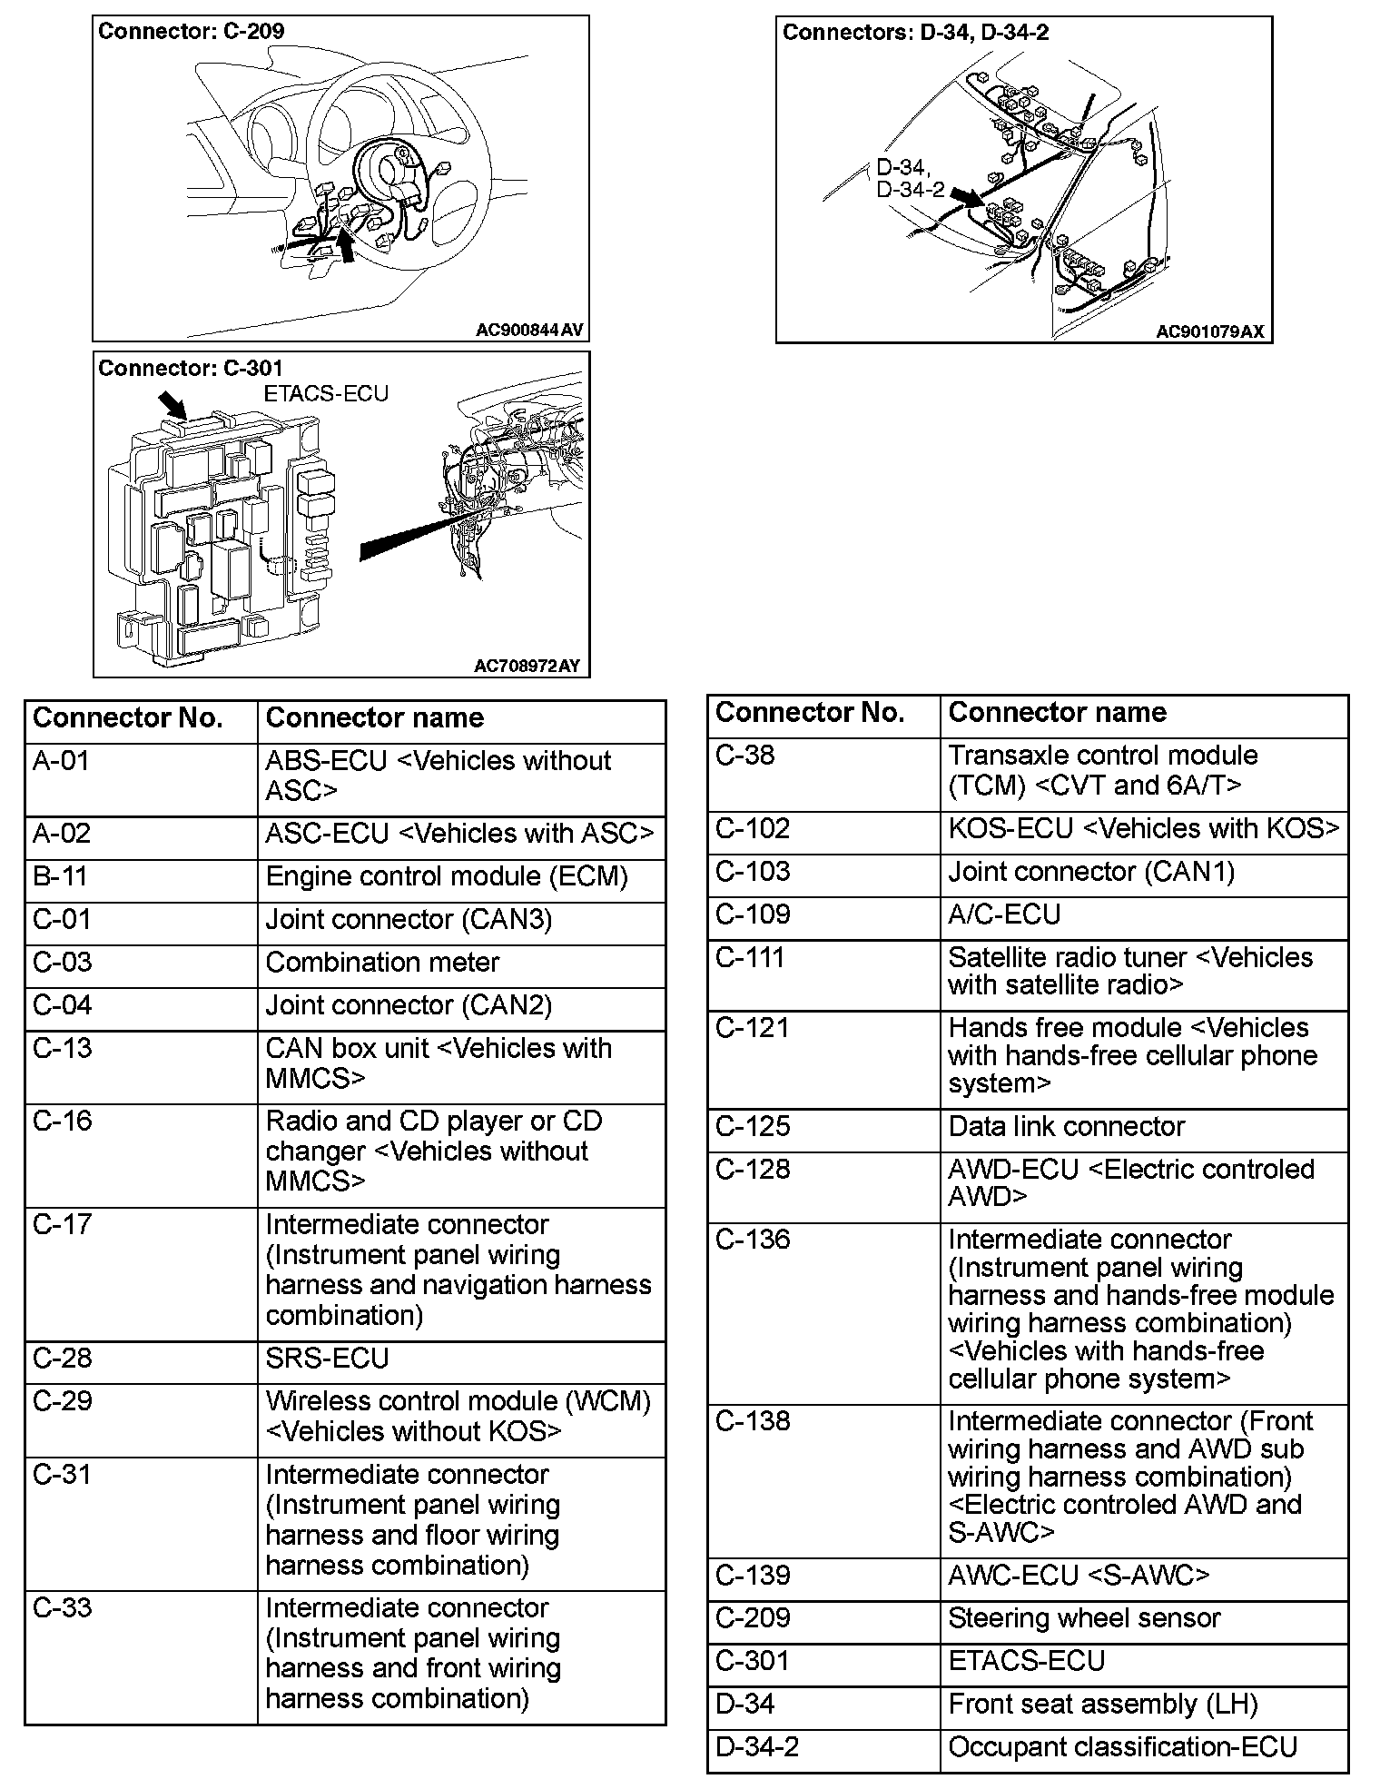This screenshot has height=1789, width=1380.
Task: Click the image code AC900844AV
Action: [x=529, y=331]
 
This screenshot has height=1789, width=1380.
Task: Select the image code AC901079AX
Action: [x=1209, y=331]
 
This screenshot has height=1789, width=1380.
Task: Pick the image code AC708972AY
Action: [x=527, y=667]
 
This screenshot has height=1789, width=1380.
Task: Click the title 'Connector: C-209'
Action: [x=191, y=32]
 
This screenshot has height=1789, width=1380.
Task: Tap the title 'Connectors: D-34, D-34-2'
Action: [x=915, y=33]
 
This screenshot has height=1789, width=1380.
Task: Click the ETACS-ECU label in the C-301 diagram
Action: [x=326, y=393]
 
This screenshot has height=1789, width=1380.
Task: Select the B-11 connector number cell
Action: [x=141, y=877]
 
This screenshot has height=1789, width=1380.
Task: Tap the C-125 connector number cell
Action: [x=823, y=1127]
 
